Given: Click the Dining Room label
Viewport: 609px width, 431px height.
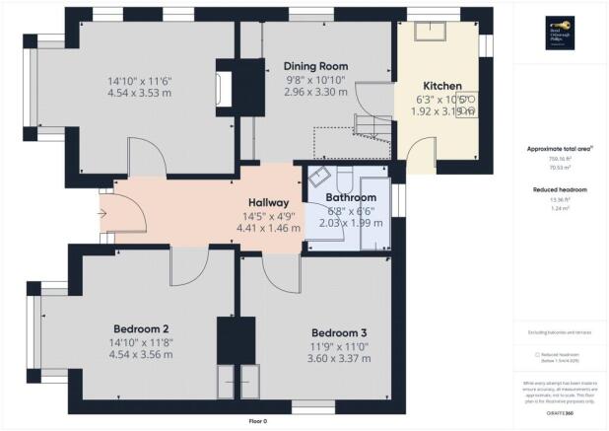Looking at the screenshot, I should pyautogui.click(x=315, y=66).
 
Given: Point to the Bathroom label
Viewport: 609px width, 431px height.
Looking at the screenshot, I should pyautogui.click(x=351, y=197).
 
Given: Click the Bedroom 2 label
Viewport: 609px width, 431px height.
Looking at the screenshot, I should pyautogui.click(x=138, y=328).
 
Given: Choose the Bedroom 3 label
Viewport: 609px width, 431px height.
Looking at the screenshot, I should pyautogui.click(x=340, y=332).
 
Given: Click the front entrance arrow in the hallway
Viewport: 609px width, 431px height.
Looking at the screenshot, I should pyautogui.click(x=104, y=210).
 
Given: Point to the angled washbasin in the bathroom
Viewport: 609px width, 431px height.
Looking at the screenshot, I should pyautogui.click(x=319, y=179).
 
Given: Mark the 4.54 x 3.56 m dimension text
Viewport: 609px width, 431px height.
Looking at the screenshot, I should pyautogui.click(x=138, y=356).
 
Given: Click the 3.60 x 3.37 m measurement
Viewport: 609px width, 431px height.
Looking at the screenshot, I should pyautogui.click(x=340, y=358).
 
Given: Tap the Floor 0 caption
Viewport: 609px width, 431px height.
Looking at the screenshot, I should pyautogui.click(x=257, y=421).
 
